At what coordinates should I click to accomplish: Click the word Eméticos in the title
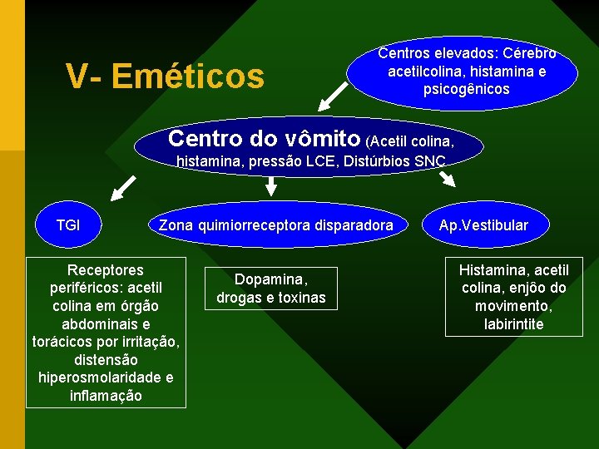pyautogui.click(x=187, y=76)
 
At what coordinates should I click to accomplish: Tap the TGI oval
pyautogui.click(x=68, y=224)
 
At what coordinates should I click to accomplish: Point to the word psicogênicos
pyautogui.click(x=467, y=89)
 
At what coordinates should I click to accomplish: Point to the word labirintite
pyautogui.click(x=513, y=324)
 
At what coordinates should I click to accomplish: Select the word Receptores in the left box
pyautogui.click(x=105, y=270)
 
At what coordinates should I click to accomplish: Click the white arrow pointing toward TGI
pyautogui.click(x=125, y=186)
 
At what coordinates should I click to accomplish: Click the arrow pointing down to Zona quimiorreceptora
pyautogui.click(x=270, y=187)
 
